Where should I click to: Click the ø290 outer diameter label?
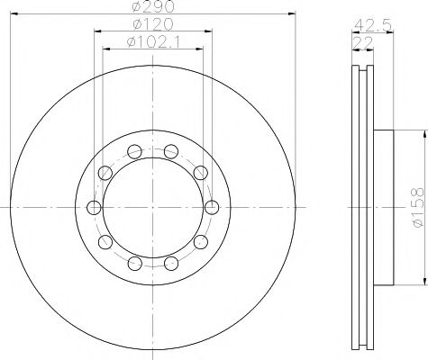[153, 6]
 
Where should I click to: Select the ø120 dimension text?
[153, 24]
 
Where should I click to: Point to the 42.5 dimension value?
[372, 25]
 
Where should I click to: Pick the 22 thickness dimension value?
[362, 42]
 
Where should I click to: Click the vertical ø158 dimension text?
[418, 208]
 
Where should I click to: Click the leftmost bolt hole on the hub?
[94, 208]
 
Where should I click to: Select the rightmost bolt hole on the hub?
[212, 208]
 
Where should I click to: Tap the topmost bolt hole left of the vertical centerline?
[134, 151]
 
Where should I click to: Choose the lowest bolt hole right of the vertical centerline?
[171, 264]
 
